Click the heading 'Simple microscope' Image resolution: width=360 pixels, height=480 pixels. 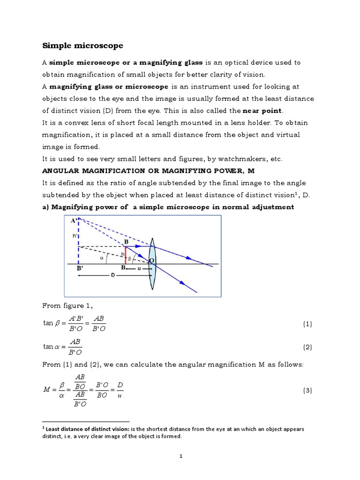tap(83, 45)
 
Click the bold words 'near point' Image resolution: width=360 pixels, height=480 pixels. tap(263, 111)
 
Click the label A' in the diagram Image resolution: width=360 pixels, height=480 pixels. tap(74, 220)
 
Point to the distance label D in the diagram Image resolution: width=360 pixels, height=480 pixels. tap(112, 275)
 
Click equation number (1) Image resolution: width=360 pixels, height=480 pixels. tap(307, 324)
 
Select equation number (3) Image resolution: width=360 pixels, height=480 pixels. tap(307, 390)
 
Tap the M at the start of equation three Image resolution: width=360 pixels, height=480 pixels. tap(46, 390)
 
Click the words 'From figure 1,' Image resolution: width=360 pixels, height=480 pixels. tap(68, 306)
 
